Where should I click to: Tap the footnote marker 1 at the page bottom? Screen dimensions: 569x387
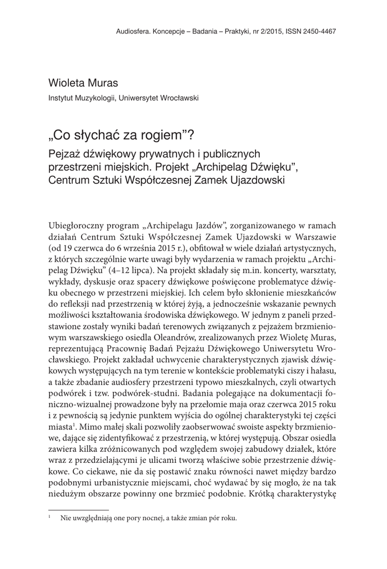[x=51, y=518]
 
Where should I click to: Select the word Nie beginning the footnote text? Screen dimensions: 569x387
[x=67, y=518]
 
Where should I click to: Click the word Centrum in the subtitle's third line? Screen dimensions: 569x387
[x=68, y=179]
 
